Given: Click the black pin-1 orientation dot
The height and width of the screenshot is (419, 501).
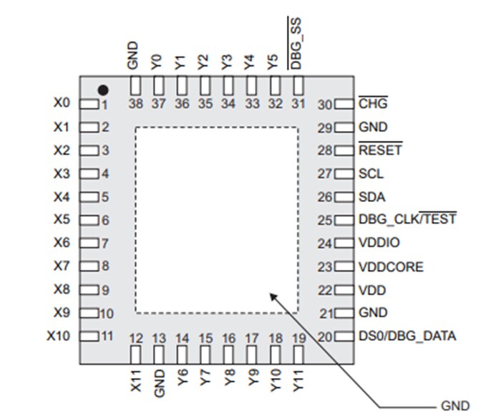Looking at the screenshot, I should [104, 90].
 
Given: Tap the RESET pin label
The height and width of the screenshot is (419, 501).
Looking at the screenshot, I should [380, 150].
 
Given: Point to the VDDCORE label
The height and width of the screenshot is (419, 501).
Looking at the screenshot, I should [391, 267].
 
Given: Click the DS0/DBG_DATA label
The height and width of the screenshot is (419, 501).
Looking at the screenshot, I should [407, 336].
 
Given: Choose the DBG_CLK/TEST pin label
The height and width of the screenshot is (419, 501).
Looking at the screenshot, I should [407, 220].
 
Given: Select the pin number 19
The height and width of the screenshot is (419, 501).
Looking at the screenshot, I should [298, 339].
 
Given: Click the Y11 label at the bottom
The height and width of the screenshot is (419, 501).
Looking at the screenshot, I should [298, 380].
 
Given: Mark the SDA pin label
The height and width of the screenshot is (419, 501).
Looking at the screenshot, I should [371, 196].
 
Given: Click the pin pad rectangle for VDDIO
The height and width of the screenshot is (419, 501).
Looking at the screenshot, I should [344, 244].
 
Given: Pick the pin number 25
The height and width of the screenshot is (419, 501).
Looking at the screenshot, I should [326, 221].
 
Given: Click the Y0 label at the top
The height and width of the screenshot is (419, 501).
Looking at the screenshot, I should [157, 62].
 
